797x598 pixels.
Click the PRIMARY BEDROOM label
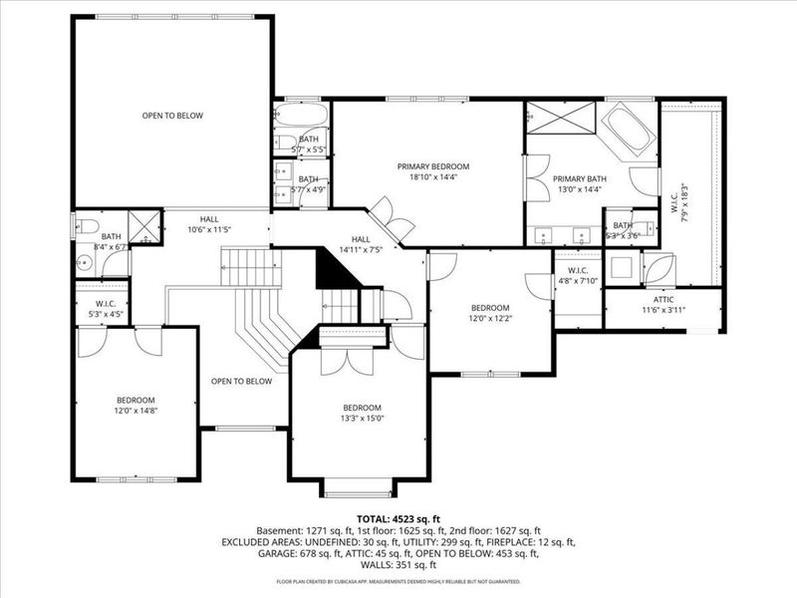432,166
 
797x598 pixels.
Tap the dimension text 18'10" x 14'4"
432,177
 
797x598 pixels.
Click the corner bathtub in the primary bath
630,129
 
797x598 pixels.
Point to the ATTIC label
663,299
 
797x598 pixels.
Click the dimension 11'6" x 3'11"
663,310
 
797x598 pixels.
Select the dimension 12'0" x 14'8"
134,410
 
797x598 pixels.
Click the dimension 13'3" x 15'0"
363,419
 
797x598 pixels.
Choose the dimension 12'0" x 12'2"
490,319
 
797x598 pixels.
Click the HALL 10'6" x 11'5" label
209,224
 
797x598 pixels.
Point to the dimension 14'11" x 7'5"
361,250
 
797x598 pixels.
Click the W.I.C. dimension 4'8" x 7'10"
579,281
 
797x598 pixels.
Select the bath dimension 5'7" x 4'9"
309,189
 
